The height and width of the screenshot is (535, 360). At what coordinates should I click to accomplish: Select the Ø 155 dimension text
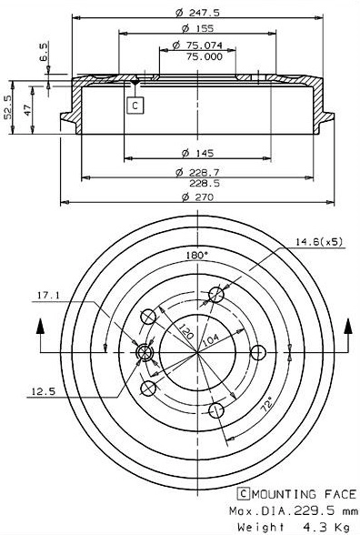[x=191, y=28]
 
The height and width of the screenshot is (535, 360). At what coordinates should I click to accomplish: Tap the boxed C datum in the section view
[x=135, y=106]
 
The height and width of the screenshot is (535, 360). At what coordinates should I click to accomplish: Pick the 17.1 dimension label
[x=49, y=294]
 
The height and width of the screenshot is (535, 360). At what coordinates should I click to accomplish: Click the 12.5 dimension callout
[x=43, y=392]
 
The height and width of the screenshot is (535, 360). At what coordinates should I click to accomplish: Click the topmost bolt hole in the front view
[x=215, y=294]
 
